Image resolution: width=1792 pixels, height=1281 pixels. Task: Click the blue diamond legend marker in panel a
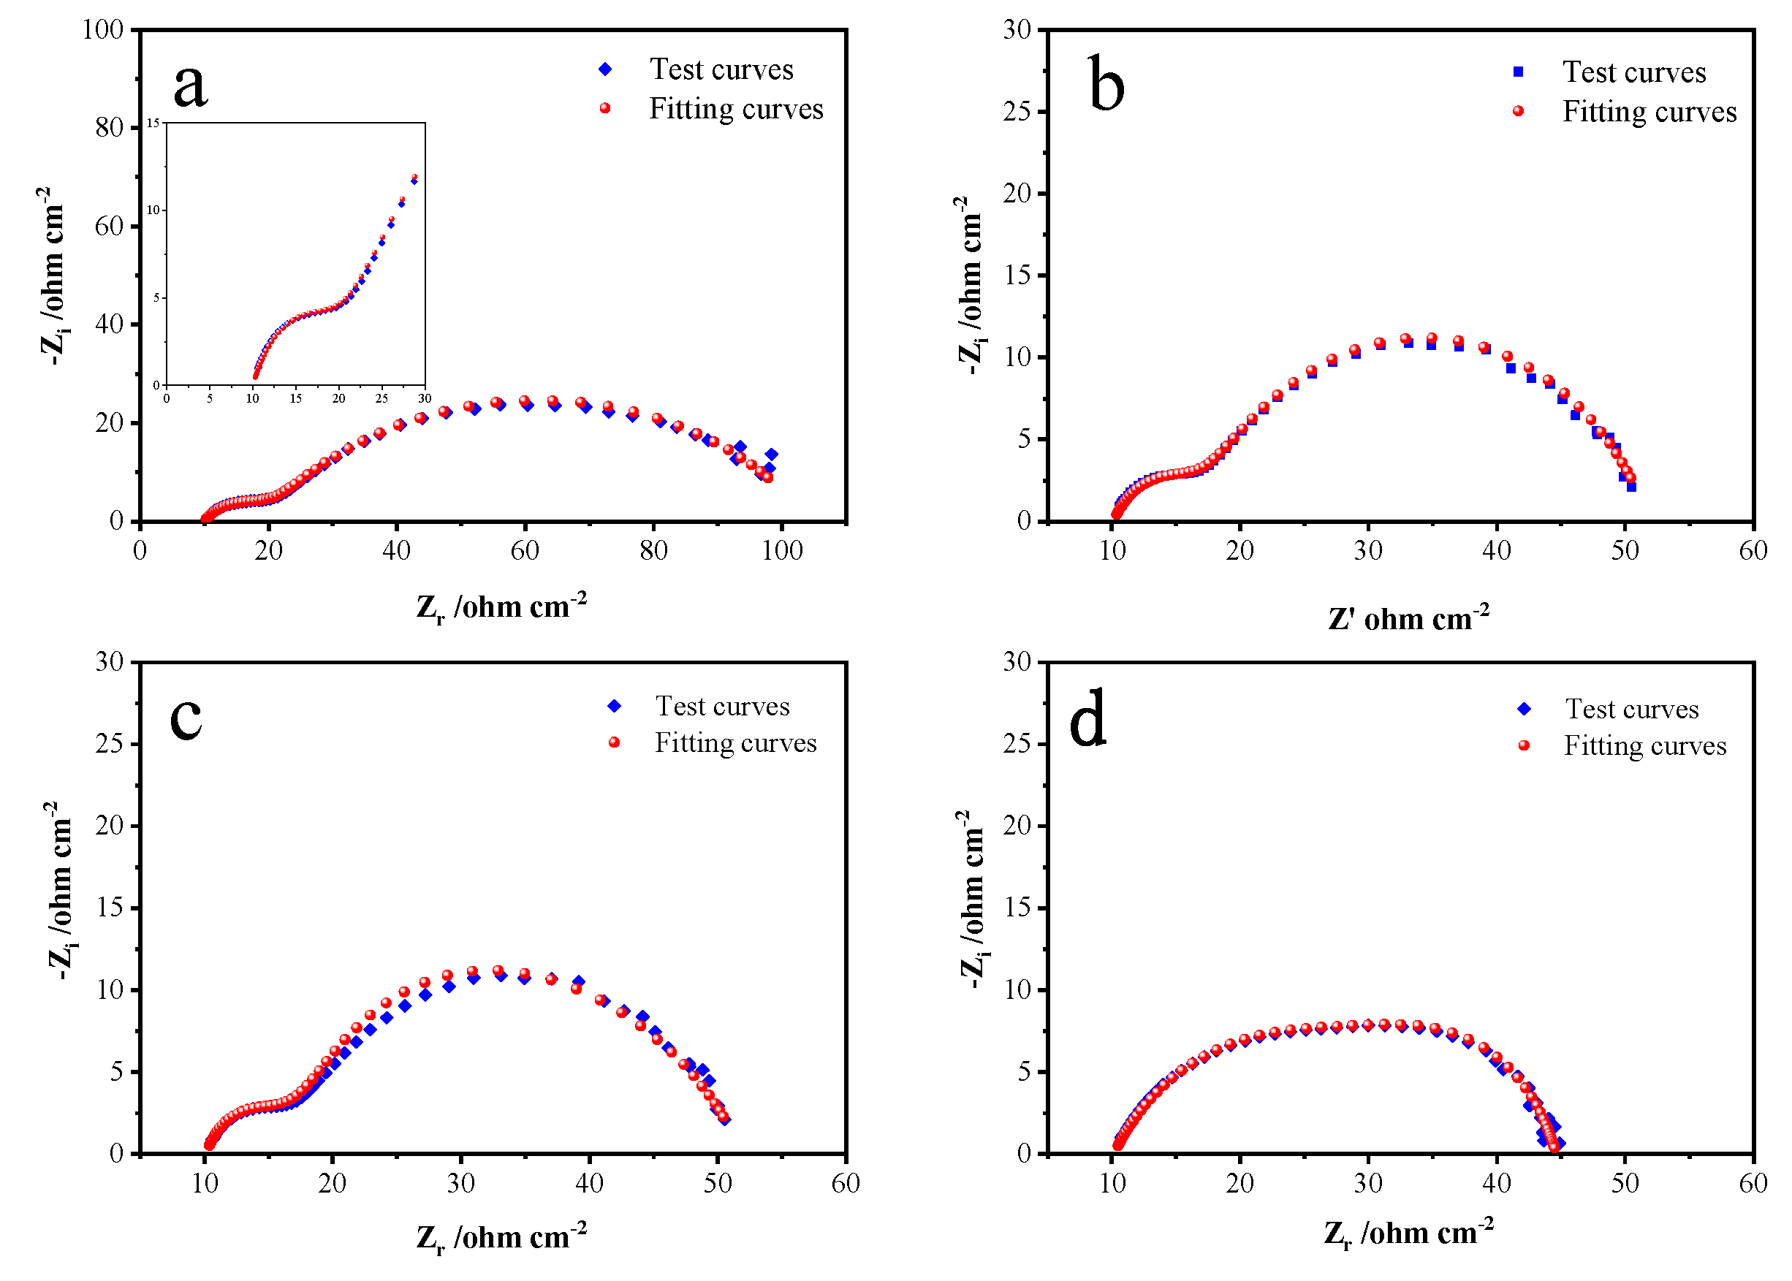[x=605, y=69]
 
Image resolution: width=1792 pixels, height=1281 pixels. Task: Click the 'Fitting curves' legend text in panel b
[x=1649, y=111]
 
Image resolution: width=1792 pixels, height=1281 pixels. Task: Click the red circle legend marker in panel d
[x=1524, y=745]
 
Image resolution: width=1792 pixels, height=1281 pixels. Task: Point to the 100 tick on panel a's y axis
[x=103, y=30]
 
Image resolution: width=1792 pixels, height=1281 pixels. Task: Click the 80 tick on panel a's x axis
[x=653, y=550]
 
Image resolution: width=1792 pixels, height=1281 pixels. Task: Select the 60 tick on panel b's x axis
[x=1753, y=550]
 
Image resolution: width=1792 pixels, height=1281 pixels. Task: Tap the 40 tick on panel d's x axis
[x=1496, y=1182]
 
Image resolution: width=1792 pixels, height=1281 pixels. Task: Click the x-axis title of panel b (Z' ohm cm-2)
[x=1408, y=618]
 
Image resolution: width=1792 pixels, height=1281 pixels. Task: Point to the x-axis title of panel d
[x=1408, y=1234]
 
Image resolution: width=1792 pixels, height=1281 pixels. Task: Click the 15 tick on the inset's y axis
[x=153, y=123]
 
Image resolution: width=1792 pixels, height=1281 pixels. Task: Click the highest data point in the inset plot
[x=414, y=178]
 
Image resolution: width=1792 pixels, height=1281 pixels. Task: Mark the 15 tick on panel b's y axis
[x=1017, y=275]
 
